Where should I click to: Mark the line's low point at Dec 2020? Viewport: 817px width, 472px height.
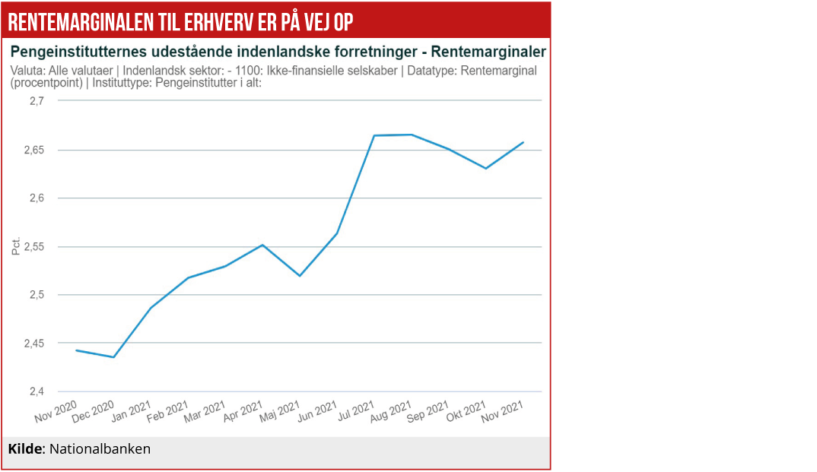coord(114,357)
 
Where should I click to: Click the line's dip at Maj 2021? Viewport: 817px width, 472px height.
coord(300,276)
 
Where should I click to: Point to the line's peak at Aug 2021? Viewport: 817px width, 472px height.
coord(412,135)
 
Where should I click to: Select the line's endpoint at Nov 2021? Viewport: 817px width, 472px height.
coord(523,142)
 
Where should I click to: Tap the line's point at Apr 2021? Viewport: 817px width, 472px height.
coord(262,245)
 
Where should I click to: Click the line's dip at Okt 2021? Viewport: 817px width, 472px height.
coord(486,168)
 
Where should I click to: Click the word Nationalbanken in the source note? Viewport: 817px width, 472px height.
coord(100,449)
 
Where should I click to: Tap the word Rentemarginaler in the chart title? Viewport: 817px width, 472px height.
coord(488,52)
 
